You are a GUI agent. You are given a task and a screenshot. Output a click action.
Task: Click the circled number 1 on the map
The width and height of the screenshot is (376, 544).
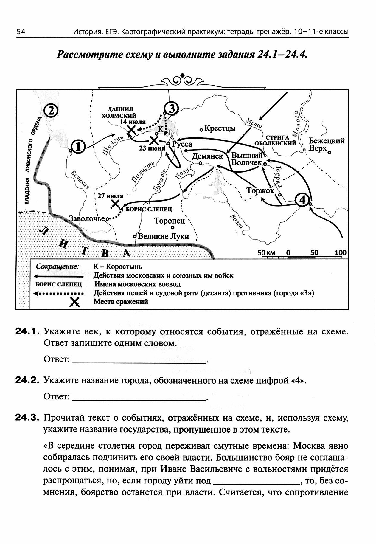78,147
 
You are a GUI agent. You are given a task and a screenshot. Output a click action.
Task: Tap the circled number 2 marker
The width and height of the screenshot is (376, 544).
51,111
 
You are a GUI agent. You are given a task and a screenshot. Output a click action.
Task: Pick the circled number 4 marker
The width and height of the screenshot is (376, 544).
302,200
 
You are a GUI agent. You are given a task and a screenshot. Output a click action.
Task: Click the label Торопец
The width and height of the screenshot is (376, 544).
170,221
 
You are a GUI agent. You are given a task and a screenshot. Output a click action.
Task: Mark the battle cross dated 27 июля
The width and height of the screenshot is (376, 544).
115,204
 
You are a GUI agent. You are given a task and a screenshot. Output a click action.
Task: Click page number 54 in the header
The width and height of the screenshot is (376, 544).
21,32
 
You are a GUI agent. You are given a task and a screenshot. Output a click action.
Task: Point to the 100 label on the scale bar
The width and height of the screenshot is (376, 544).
340,253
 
